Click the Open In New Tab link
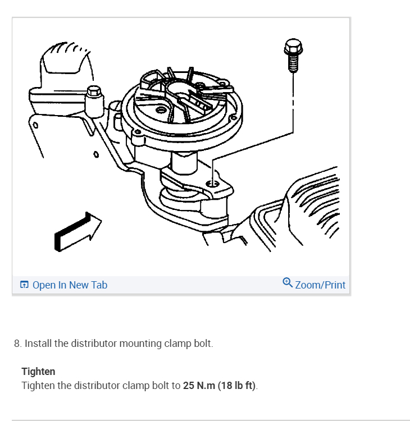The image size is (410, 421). (x=70, y=285)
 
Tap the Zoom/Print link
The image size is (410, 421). (x=320, y=285)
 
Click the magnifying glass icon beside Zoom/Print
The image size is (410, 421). (x=288, y=283)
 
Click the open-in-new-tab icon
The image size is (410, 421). (x=24, y=285)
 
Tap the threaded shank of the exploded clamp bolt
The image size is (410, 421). (x=293, y=63)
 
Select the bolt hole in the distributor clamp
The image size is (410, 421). (x=212, y=184)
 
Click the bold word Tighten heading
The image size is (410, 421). (x=38, y=372)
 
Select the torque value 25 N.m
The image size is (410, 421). (x=199, y=386)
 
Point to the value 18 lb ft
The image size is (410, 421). (x=236, y=386)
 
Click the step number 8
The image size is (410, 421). (x=18, y=344)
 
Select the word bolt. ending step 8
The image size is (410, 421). (x=203, y=344)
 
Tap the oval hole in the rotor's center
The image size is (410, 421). (x=161, y=110)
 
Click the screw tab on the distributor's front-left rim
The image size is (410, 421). (x=138, y=132)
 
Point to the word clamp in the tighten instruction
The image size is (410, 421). (x=136, y=386)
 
